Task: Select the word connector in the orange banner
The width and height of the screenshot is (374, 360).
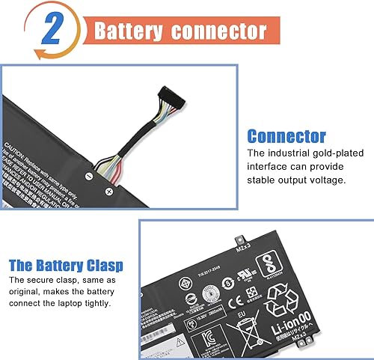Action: tap(224, 31)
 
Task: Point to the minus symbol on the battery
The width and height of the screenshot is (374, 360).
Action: tap(89, 176)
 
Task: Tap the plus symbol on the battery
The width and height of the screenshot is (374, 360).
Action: tap(108, 192)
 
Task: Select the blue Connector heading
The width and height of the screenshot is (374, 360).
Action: tap(286, 137)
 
